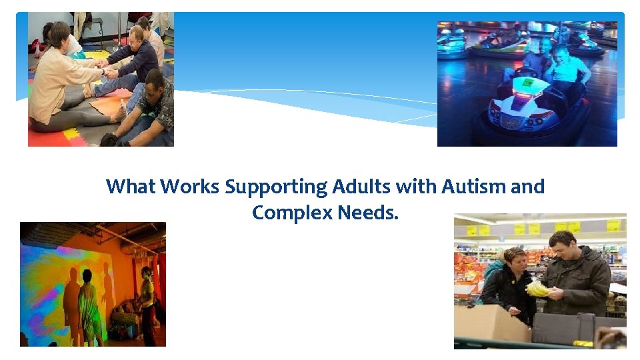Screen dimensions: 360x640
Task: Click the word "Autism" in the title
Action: click(475, 187)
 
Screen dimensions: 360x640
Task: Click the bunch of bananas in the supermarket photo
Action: click(538, 288)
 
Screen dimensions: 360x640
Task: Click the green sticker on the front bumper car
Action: click(527, 83)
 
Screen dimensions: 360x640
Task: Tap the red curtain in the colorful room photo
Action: click(158, 280)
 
